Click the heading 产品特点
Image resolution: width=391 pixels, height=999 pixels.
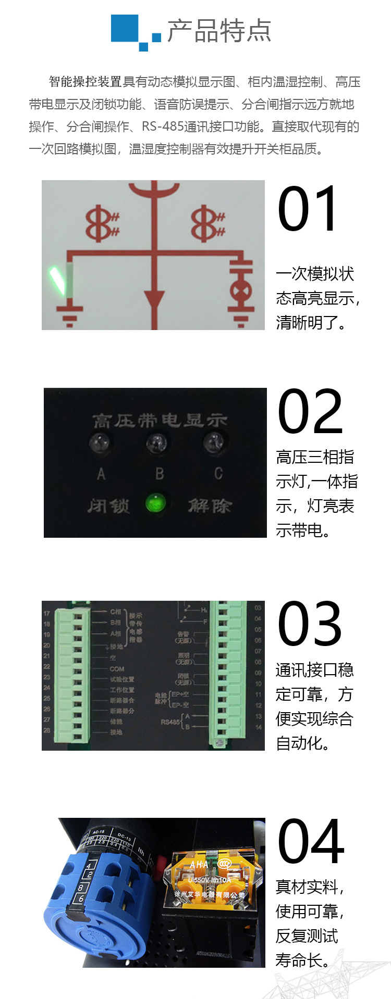coord(219,31)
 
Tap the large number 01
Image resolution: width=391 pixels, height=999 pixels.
coord(308,209)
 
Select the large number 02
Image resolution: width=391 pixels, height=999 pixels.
coord(310,412)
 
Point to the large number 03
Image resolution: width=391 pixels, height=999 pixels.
coord(310,624)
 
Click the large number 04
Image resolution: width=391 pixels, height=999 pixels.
coord(311,842)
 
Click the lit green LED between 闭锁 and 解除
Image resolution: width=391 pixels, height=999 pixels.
coord(155,503)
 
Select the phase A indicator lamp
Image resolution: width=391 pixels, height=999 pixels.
coord(101,444)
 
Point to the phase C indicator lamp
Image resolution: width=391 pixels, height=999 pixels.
coord(213,444)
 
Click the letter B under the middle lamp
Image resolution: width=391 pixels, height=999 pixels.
coord(160,474)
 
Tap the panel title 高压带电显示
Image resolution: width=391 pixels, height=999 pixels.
coord(160,421)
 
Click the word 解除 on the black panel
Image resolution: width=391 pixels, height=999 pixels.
coord(210,505)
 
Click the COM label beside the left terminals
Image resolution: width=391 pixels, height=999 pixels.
coord(117,669)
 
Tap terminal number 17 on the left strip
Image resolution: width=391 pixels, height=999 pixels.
coord(47,613)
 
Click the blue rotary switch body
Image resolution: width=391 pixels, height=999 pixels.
coord(99,906)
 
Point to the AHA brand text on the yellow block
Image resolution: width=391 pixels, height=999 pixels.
coord(199,865)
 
